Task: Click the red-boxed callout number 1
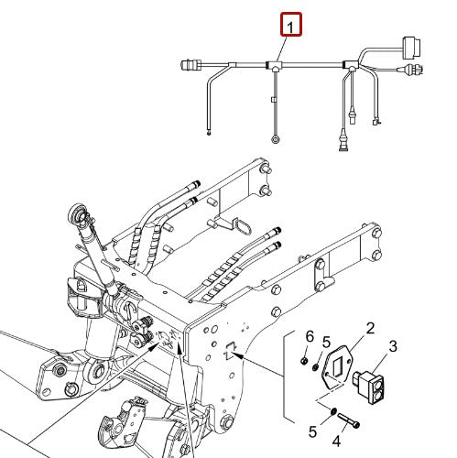pyautogui.click(x=290, y=26)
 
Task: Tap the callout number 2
pyautogui.click(x=370, y=328)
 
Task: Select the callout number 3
pyautogui.click(x=394, y=345)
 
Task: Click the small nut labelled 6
pyautogui.click(x=306, y=361)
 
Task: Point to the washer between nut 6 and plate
pyautogui.click(x=316, y=366)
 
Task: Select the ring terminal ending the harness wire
pyautogui.click(x=276, y=138)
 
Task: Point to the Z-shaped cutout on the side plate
pyautogui.click(x=230, y=346)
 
